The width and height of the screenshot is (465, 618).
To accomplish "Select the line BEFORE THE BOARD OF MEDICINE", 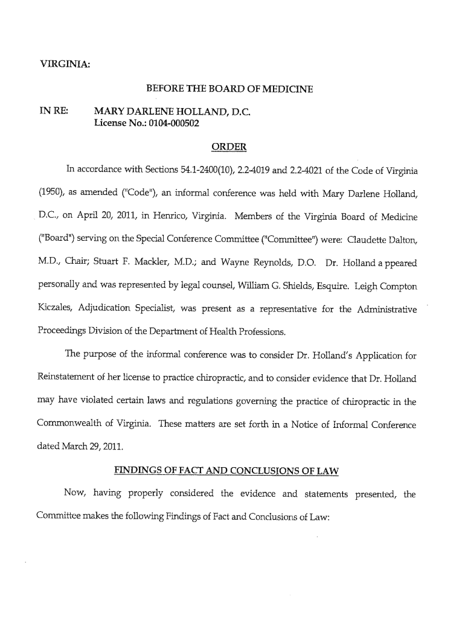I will tap(229, 89).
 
